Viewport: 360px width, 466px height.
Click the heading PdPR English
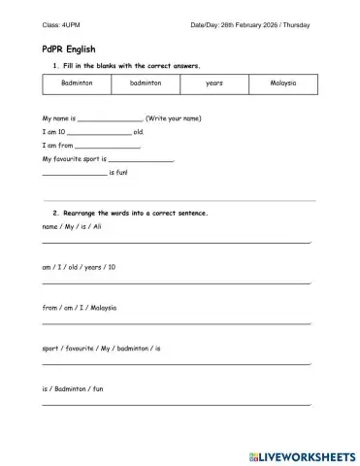[x=68, y=48]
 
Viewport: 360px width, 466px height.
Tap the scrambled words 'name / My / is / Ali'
[x=73, y=225]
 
